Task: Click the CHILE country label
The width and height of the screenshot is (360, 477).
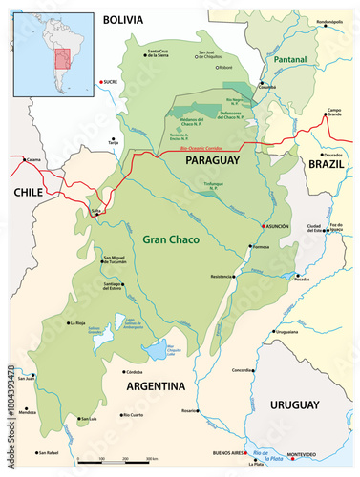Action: point(30,193)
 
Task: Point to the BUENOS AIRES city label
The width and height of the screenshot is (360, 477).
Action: point(229,454)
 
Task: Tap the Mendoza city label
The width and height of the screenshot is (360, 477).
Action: point(27,412)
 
